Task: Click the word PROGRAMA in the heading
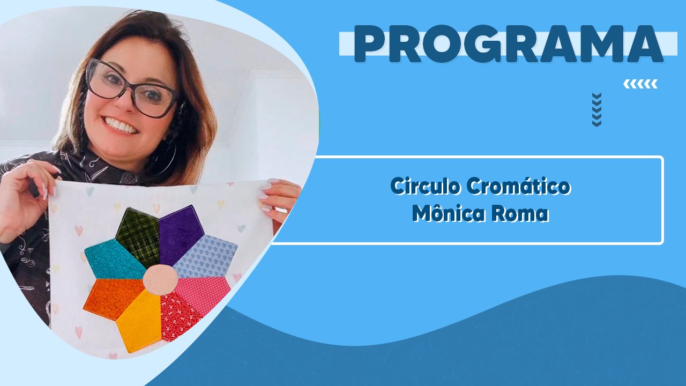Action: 508,44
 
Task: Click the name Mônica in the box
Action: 449,213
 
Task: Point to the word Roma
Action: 520,213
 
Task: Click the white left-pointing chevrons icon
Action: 640,84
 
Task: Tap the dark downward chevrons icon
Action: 596,110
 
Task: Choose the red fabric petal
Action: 180,316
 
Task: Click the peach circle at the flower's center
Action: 160,279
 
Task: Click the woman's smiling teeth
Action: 122,125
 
